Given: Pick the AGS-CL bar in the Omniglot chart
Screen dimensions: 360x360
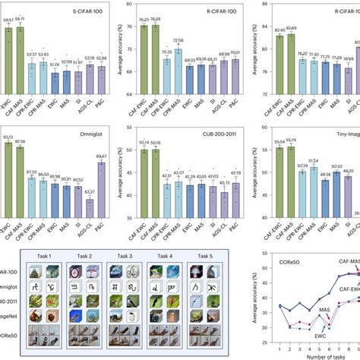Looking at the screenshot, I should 90,196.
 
